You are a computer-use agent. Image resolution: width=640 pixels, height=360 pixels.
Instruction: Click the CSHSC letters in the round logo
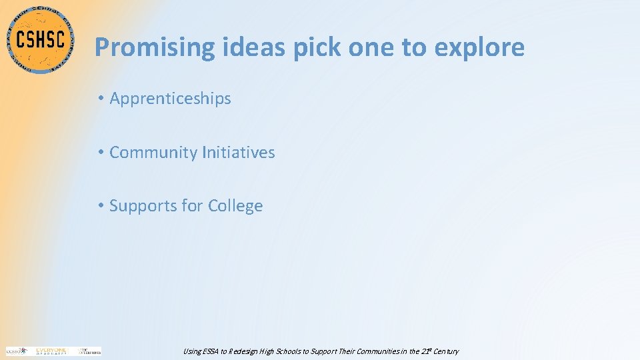pyautogui.click(x=40, y=39)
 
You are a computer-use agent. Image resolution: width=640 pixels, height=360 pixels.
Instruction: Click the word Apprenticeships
pyautogui.click(x=170, y=99)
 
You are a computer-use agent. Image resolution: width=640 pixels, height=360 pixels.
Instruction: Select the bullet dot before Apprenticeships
pyautogui.click(x=99, y=99)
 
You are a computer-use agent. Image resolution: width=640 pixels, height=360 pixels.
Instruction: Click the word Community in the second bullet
pyautogui.click(x=153, y=153)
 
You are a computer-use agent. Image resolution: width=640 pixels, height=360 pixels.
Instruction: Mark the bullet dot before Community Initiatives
pyautogui.click(x=99, y=153)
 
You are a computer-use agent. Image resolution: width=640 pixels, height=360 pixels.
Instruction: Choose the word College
pyautogui.click(x=235, y=206)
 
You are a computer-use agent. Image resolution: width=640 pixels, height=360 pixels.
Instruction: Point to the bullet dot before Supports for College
pyautogui.click(x=99, y=206)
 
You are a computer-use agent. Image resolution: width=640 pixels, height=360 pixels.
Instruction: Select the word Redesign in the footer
pyautogui.click(x=247, y=351)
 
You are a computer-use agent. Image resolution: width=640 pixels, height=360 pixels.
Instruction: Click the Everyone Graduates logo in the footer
pyautogui.click(x=51, y=351)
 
